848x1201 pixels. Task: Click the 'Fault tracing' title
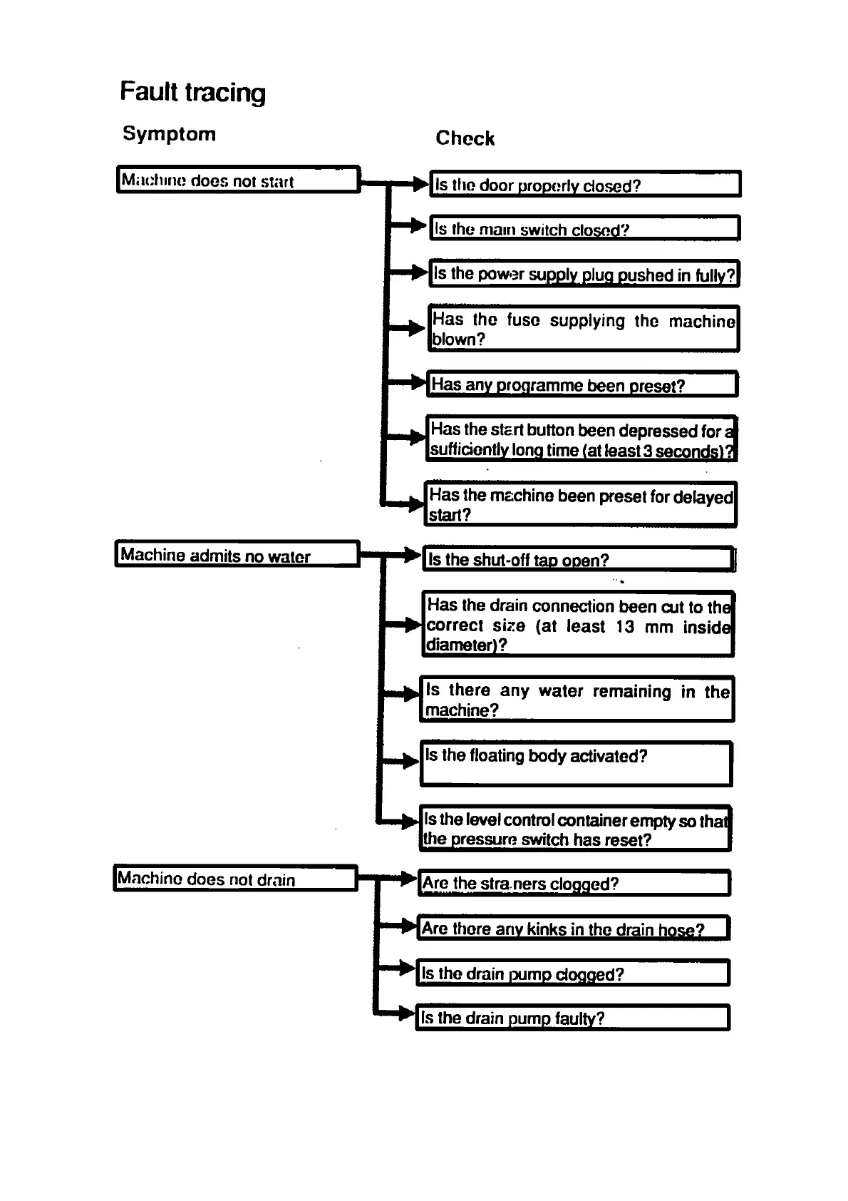(x=192, y=93)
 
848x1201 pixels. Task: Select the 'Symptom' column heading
(x=169, y=134)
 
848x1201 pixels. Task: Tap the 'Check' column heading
(x=465, y=138)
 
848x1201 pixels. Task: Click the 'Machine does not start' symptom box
(x=238, y=180)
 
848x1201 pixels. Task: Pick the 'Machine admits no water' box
(x=237, y=554)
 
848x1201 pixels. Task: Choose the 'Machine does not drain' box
(x=235, y=878)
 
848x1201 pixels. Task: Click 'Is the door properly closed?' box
(x=584, y=184)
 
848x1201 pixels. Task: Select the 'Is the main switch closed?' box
(x=584, y=228)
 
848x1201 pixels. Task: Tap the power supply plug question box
(x=584, y=274)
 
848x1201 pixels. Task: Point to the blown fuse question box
(x=583, y=329)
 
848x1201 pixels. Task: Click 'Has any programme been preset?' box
(x=581, y=384)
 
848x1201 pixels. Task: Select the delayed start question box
(x=581, y=504)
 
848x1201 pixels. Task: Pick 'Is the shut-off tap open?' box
(x=578, y=559)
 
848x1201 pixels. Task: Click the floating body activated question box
(x=576, y=764)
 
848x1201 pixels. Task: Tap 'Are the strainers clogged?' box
(x=574, y=883)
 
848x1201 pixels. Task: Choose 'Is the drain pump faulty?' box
(x=572, y=1018)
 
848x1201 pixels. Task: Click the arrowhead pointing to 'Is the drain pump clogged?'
(x=408, y=968)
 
